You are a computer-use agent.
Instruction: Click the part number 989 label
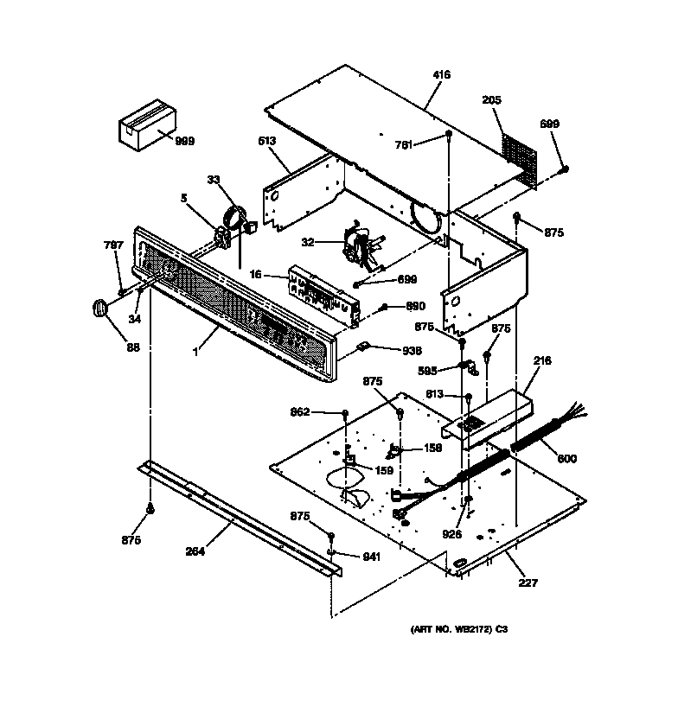[x=184, y=141]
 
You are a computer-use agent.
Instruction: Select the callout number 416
[x=441, y=76]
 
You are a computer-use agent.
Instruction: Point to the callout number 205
[x=491, y=100]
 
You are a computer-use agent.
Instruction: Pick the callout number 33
[x=213, y=180]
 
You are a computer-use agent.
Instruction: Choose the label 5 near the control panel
[x=183, y=198]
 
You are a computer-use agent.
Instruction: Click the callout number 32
[x=307, y=243]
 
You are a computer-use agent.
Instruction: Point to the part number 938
[x=411, y=351]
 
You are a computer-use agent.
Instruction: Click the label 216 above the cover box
[x=542, y=360]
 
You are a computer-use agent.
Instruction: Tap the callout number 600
[x=566, y=458]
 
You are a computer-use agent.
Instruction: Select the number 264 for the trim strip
[x=195, y=552]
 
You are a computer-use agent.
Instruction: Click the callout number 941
[x=371, y=557]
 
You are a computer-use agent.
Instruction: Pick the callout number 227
[x=527, y=582]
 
